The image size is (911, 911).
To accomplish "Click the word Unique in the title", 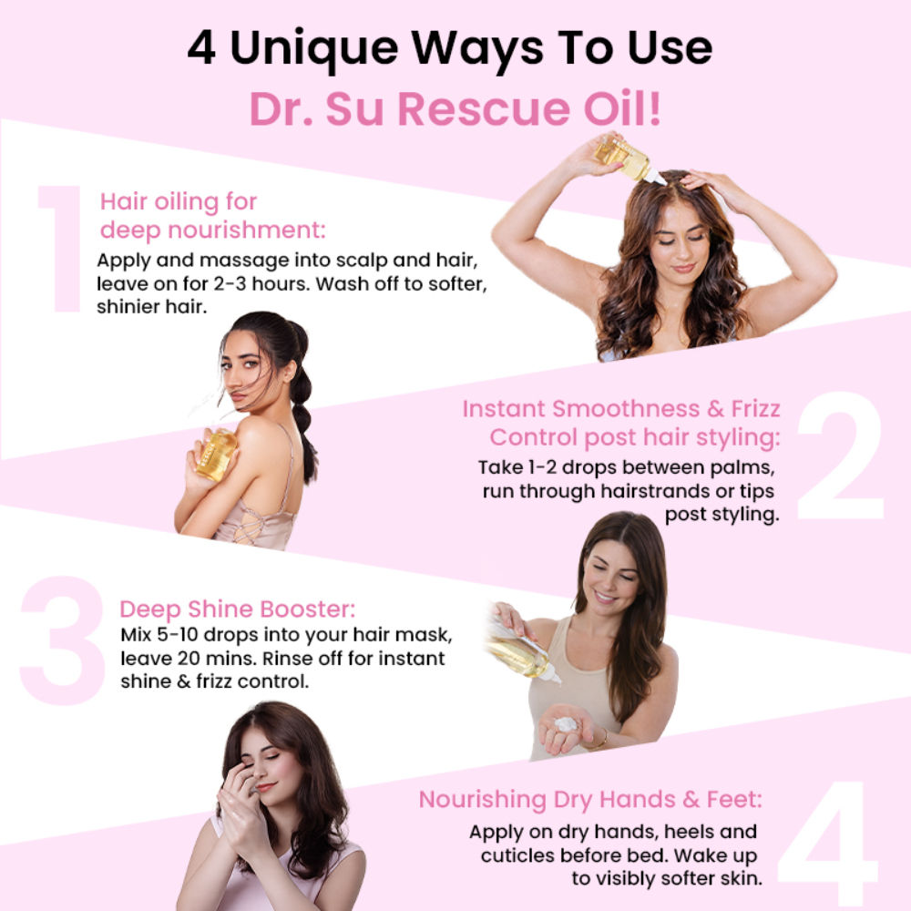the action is tap(314, 49).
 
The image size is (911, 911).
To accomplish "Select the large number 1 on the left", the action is tap(60, 249).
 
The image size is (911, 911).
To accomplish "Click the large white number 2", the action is tap(841, 455).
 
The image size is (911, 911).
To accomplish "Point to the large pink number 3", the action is tap(62, 640).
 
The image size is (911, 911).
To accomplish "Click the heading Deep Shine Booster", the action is tap(237, 609).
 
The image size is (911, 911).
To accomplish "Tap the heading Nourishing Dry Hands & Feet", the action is tap(590, 800).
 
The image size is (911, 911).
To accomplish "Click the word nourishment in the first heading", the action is tap(246, 230).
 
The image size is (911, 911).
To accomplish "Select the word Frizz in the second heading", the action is tap(755, 408).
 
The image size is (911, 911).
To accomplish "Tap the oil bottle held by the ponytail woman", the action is tap(216, 454).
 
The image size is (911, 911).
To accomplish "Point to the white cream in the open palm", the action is tap(566, 724).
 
